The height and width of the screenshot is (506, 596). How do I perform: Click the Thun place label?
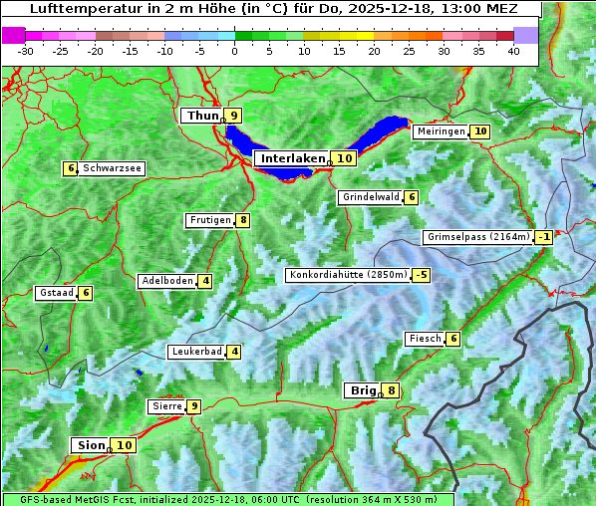(x=201, y=116)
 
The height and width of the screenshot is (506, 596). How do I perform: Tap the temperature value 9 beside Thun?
(x=233, y=116)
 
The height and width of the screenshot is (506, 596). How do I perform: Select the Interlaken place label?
(x=293, y=158)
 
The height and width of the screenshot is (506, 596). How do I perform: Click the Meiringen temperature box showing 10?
(x=480, y=131)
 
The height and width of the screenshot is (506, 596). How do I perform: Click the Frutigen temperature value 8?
(x=242, y=220)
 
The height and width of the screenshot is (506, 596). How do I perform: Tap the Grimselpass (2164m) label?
(x=477, y=237)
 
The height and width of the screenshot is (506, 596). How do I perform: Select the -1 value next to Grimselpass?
(x=543, y=237)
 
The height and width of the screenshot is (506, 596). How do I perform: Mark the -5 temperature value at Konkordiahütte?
(x=422, y=275)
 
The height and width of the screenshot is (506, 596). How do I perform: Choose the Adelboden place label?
(x=166, y=281)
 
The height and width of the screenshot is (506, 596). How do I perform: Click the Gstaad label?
(x=55, y=293)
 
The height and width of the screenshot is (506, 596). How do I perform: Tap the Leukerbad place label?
(x=195, y=352)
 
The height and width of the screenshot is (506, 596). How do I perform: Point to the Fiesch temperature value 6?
(x=453, y=339)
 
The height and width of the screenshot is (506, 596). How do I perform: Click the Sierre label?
(x=164, y=406)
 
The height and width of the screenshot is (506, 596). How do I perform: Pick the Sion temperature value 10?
(x=124, y=445)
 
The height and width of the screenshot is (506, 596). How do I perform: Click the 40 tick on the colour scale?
(x=513, y=51)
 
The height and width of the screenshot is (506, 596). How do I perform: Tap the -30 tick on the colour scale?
(x=26, y=51)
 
